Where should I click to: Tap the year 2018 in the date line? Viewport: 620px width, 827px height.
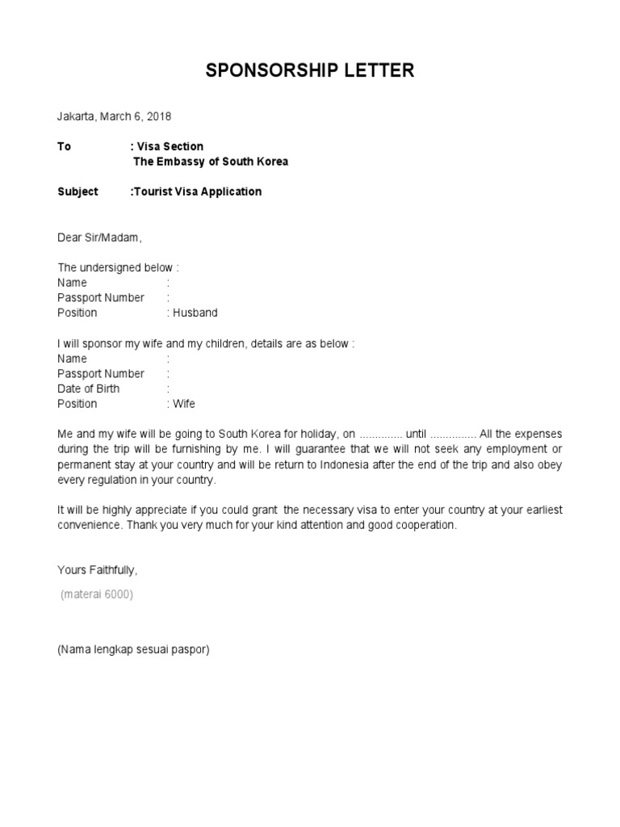158,116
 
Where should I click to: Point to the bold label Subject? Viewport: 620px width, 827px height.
77,191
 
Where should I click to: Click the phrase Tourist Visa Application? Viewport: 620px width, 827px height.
198,191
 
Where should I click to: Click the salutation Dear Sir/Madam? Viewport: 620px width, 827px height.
98,237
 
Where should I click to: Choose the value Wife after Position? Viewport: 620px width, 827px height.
184,404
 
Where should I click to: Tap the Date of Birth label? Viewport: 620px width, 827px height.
88,388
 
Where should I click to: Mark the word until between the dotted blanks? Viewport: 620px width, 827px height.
416,434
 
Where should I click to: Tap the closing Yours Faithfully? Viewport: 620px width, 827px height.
97,570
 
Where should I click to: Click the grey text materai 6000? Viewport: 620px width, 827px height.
97,594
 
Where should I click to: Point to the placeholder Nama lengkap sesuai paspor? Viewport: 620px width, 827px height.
133,649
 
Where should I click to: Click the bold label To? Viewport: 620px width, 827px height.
64,146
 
